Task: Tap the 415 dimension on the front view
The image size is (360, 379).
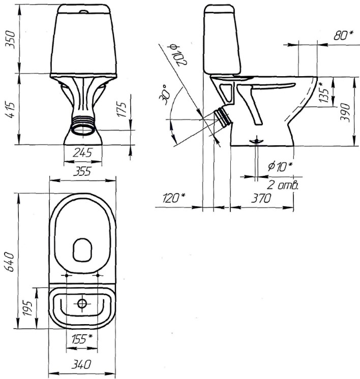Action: (11, 110)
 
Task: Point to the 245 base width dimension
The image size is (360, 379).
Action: (82, 153)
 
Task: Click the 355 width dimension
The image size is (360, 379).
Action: (82, 171)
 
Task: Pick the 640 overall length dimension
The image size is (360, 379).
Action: (10, 262)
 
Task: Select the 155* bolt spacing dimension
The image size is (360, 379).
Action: (82, 339)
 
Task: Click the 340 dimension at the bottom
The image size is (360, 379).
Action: (81, 365)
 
